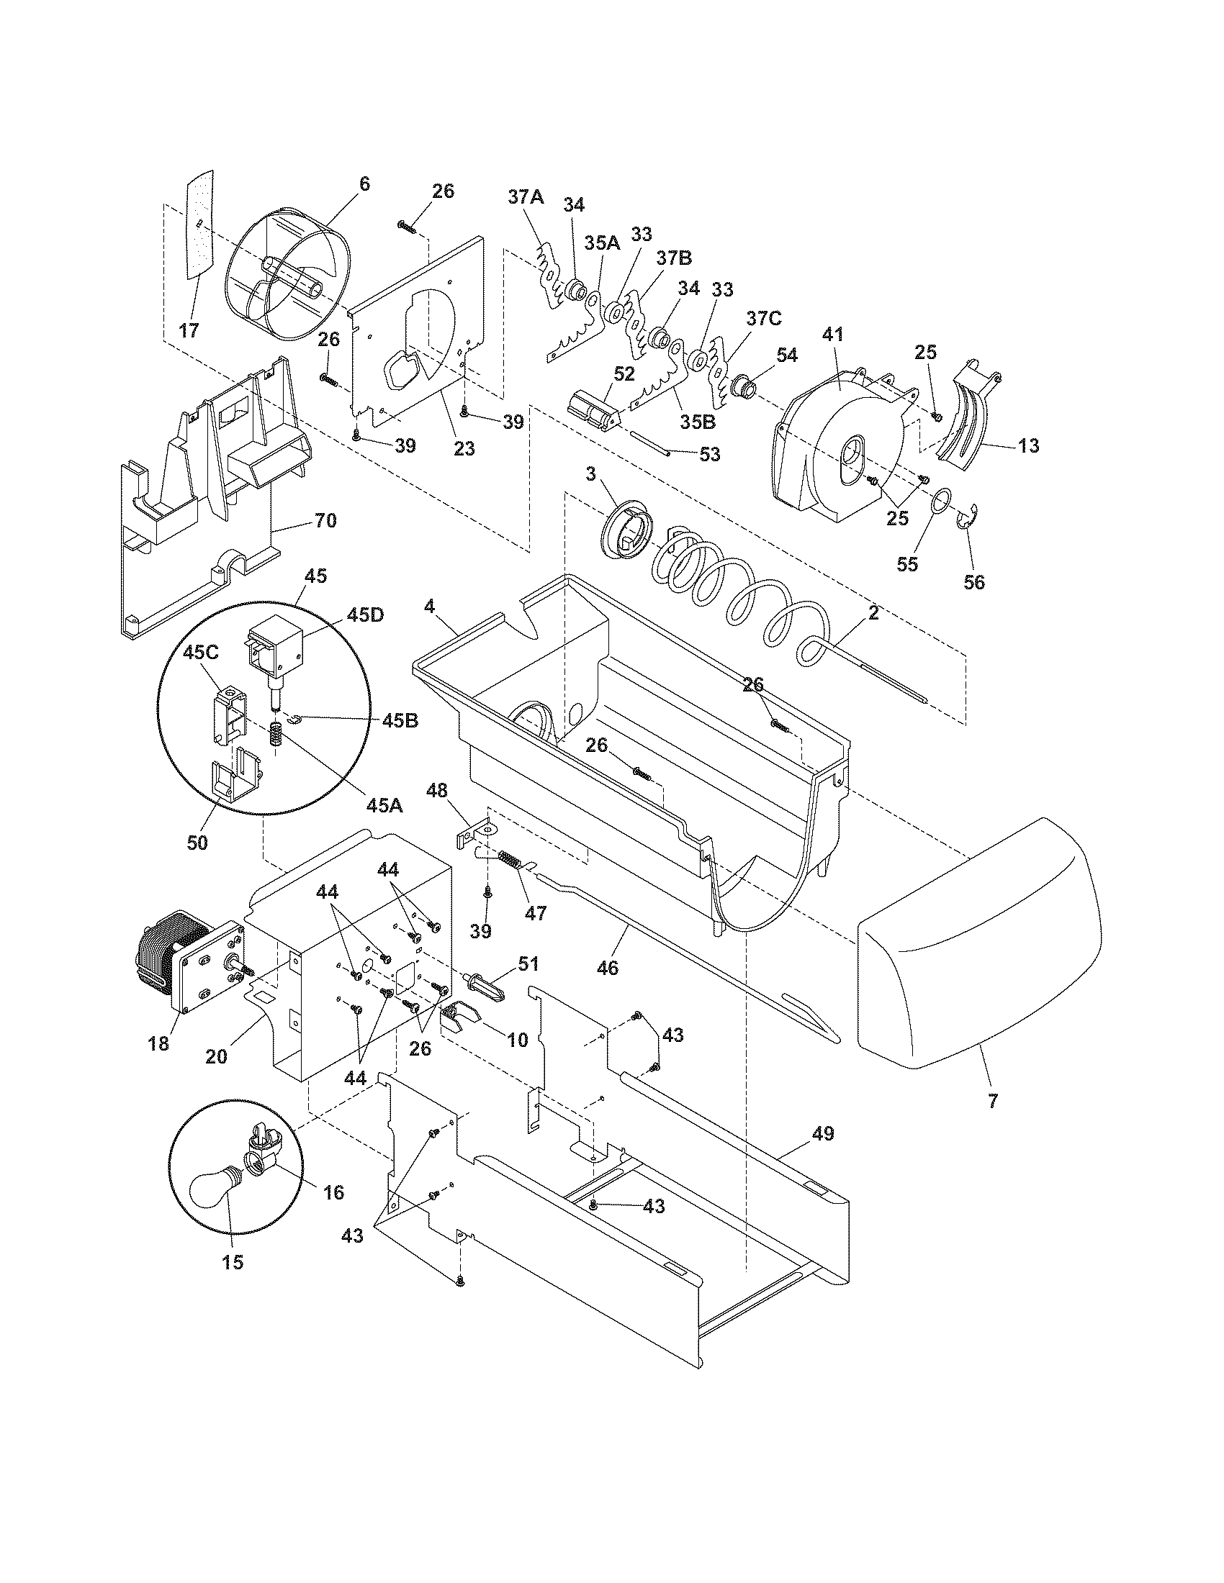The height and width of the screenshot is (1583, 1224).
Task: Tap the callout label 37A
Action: [x=526, y=197]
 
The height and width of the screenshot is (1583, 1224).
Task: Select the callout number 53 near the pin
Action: [x=709, y=454]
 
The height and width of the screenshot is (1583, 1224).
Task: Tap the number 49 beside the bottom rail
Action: [x=822, y=1133]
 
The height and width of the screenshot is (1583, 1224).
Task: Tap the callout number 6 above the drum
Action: [x=364, y=184]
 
